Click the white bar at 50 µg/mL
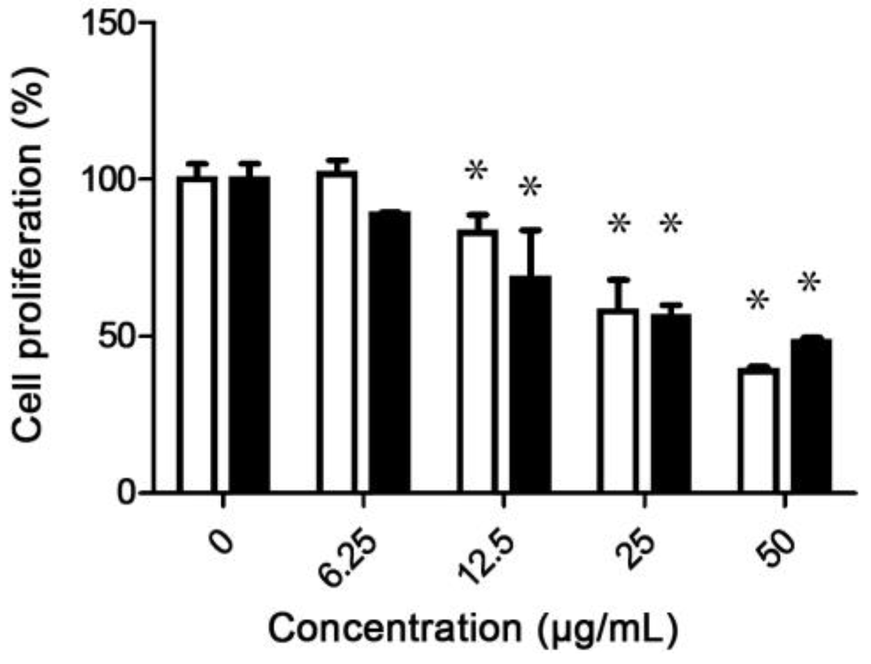click(758, 430)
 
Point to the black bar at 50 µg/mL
click(811, 415)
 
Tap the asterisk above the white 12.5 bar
click(476, 172)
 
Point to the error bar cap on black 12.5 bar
click(530, 229)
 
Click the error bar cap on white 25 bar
click(618, 279)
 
